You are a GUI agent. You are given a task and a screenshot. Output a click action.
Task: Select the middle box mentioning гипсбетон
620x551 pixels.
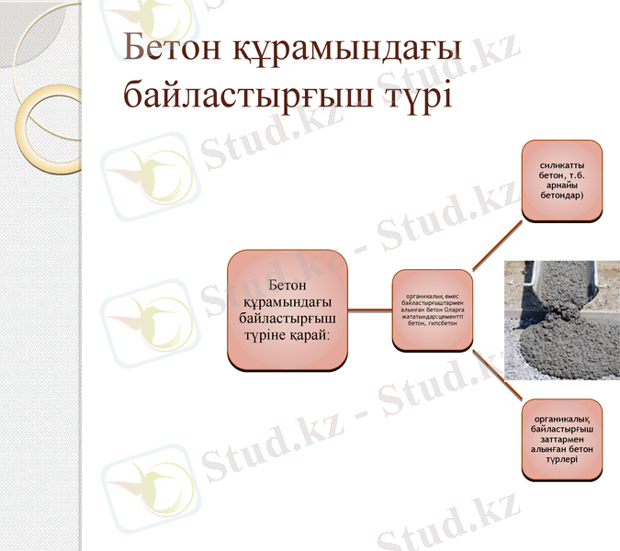tap(433, 309)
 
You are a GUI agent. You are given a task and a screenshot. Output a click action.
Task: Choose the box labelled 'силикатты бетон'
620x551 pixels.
tap(561, 181)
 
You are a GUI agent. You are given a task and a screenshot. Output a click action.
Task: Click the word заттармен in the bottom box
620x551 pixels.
tap(562, 439)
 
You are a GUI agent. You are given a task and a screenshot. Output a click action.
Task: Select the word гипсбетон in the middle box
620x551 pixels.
tap(444, 323)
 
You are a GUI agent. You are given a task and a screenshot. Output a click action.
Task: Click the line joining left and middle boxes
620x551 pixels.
tap(370, 310)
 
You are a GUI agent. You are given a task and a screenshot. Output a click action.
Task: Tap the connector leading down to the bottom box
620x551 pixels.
tap(497, 374)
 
